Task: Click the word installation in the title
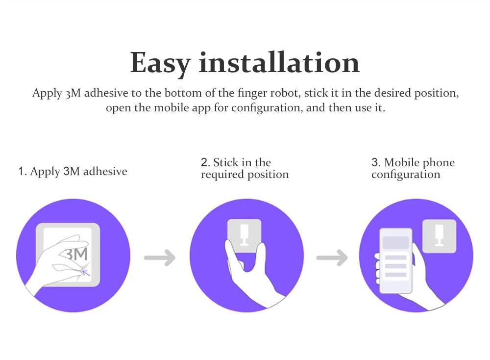click(x=279, y=62)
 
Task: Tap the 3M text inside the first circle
click(x=76, y=255)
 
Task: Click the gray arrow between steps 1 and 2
click(x=160, y=257)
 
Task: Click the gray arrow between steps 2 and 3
click(x=332, y=257)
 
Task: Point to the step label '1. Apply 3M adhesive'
click(x=73, y=172)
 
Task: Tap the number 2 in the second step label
click(x=204, y=163)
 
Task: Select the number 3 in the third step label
click(x=375, y=163)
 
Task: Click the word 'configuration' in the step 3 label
click(x=406, y=175)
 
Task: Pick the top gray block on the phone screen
click(x=396, y=242)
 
